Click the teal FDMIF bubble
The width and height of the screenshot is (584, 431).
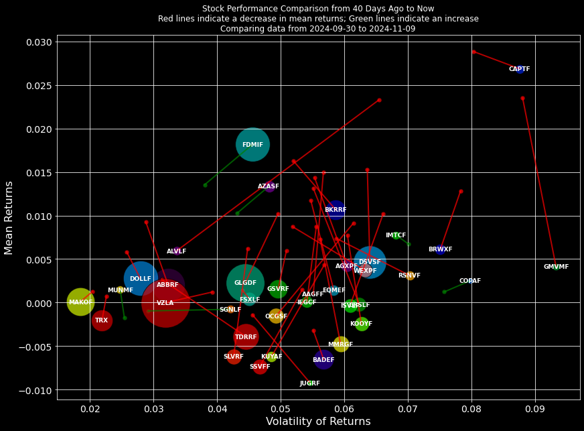tap(252, 144)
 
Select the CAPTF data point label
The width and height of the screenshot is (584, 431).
tap(519, 69)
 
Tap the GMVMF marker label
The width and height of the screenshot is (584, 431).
tap(556, 267)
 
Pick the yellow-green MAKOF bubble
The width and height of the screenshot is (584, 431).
tap(80, 302)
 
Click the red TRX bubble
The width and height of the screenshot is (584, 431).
tap(101, 320)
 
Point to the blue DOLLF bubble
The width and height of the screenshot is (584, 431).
tap(140, 279)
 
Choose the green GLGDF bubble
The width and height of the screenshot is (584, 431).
tap(245, 283)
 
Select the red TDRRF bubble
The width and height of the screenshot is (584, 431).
tap(246, 336)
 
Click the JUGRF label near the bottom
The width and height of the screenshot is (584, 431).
tap(309, 383)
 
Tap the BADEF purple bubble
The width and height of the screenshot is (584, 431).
tap(323, 360)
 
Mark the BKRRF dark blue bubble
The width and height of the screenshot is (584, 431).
tap(336, 210)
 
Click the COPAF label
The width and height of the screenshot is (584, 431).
tap(469, 281)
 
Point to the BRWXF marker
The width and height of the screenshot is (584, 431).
tap(440, 249)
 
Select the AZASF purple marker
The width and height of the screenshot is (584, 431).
tap(269, 186)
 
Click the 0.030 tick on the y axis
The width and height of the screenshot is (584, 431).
tap(38, 42)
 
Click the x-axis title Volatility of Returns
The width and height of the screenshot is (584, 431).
tap(318, 422)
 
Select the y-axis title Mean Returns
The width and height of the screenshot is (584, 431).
tap(9, 217)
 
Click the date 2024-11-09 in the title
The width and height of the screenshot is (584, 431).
tap(392, 29)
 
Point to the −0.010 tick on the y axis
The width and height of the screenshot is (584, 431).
tap(36, 390)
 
